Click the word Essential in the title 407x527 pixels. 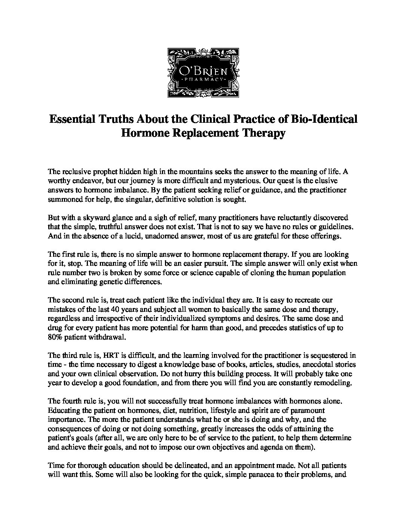click(x=72, y=119)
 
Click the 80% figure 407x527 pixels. click(x=56, y=337)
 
